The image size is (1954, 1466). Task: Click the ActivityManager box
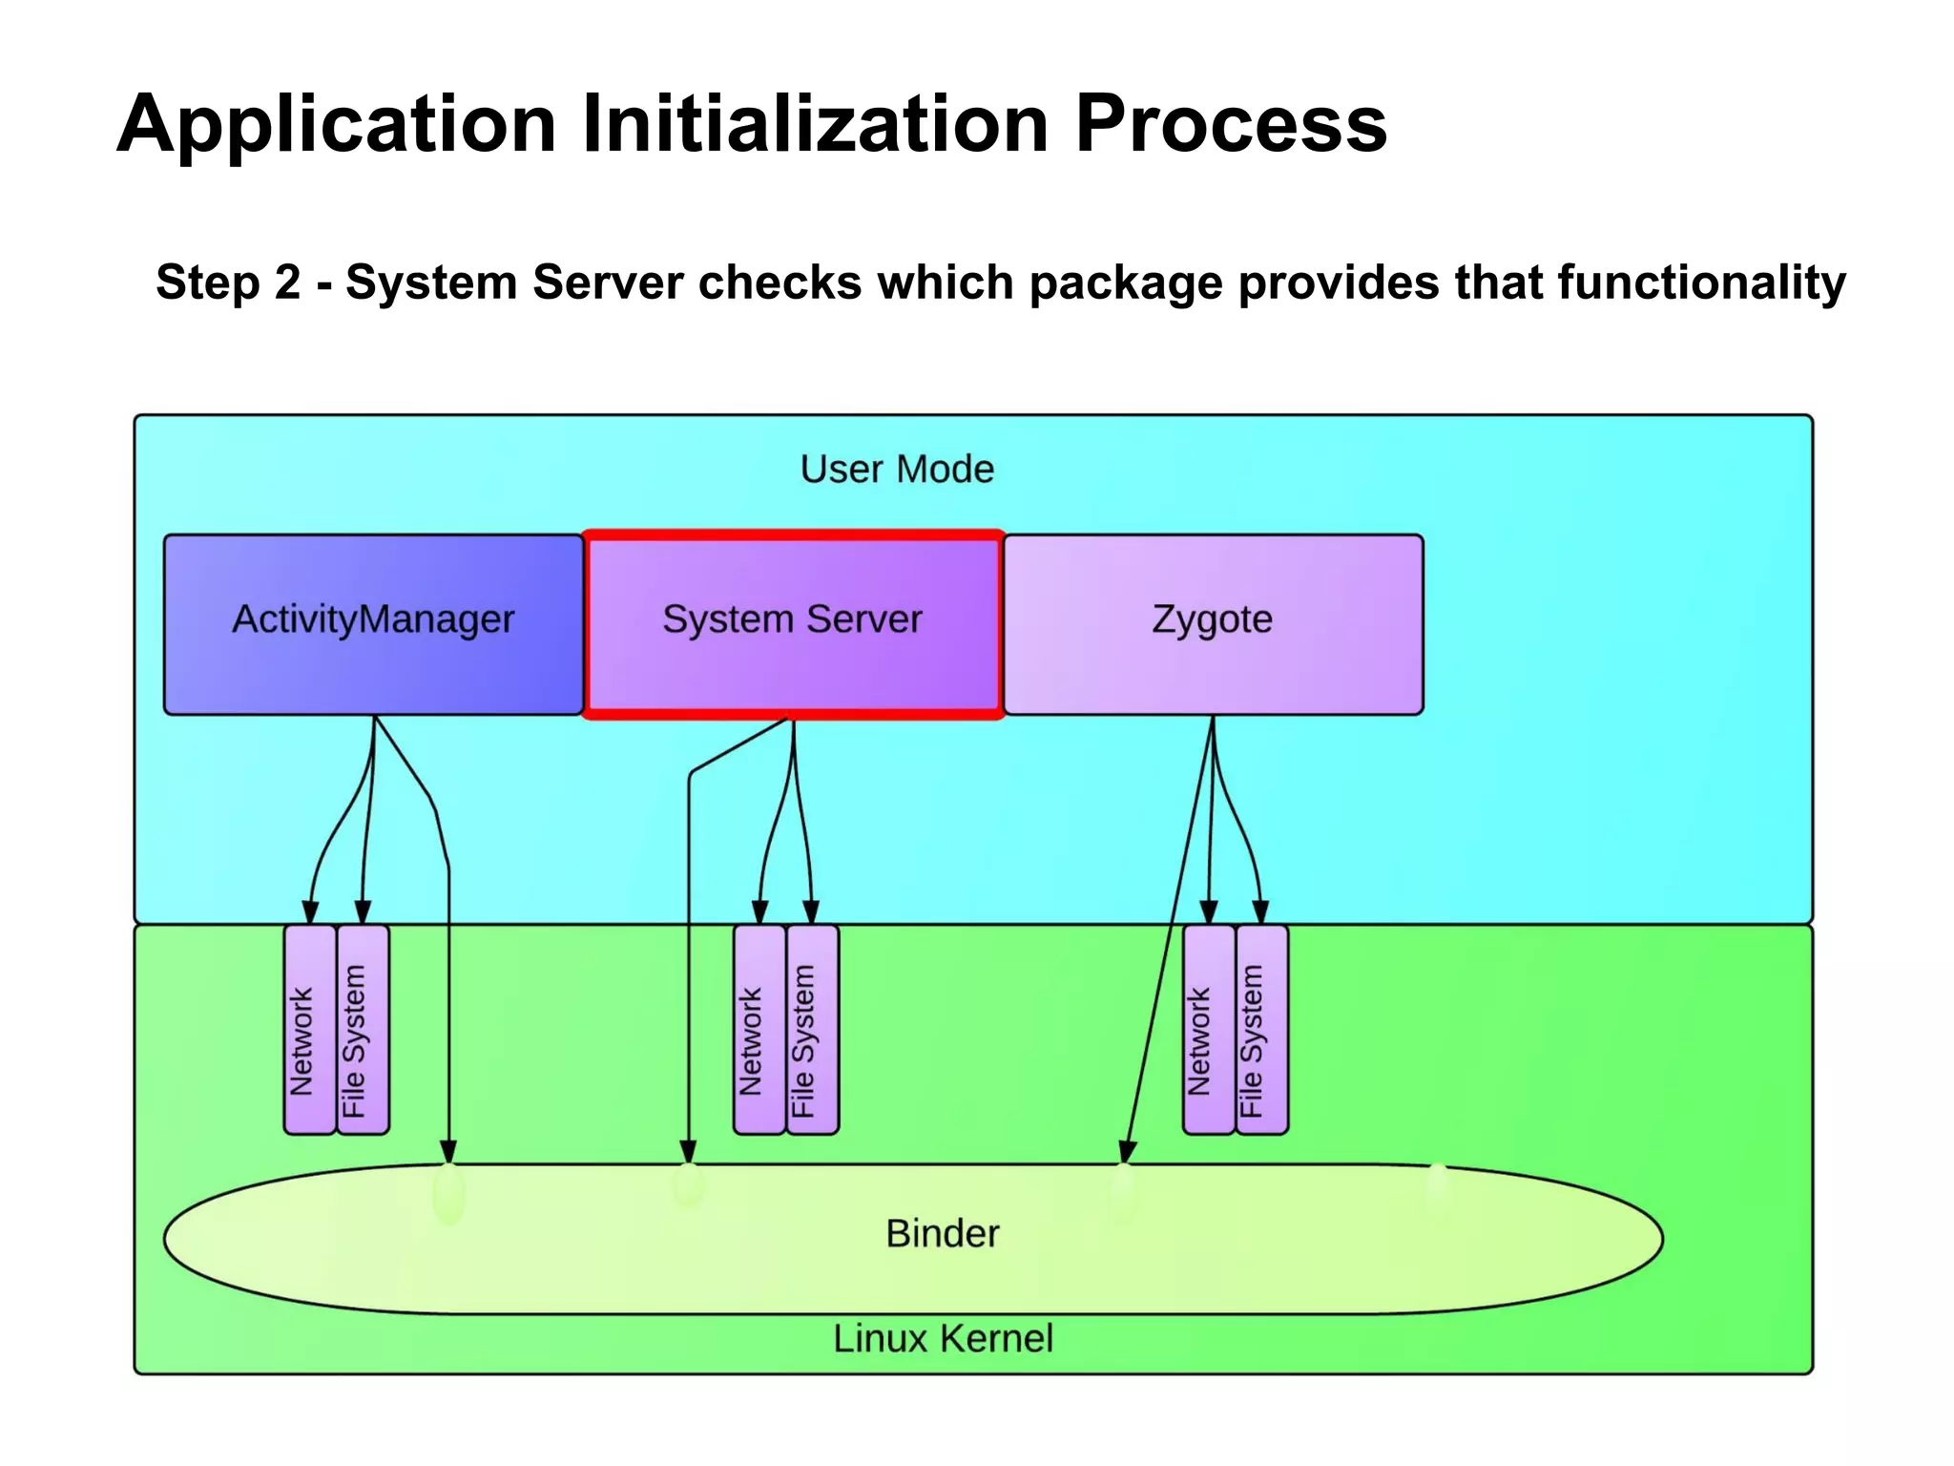(x=373, y=623)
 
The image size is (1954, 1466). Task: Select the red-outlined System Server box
(x=792, y=623)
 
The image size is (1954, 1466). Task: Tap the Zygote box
(x=1212, y=623)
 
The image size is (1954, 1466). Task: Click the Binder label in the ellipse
(x=942, y=1233)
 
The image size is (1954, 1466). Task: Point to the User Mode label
(x=896, y=470)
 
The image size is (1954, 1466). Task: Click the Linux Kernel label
(x=943, y=1338)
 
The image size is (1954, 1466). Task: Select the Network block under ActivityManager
(x=310, y=1030)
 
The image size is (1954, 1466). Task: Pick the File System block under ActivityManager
(x=363, y=1030)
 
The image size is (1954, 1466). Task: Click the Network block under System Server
(x=759, y=1030)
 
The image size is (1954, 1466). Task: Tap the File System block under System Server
(x=812, y=1030)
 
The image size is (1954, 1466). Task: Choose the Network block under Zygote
(x=1208, y=1030)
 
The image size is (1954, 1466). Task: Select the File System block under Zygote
(x=1261, y=1030)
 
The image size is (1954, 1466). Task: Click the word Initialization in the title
(x=815, y=124)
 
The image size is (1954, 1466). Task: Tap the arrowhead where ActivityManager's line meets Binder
(x=448, y=1151)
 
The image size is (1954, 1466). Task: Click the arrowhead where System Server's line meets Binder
(x=688, y=1151)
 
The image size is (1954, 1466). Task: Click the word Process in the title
(x=1230, y=124)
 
